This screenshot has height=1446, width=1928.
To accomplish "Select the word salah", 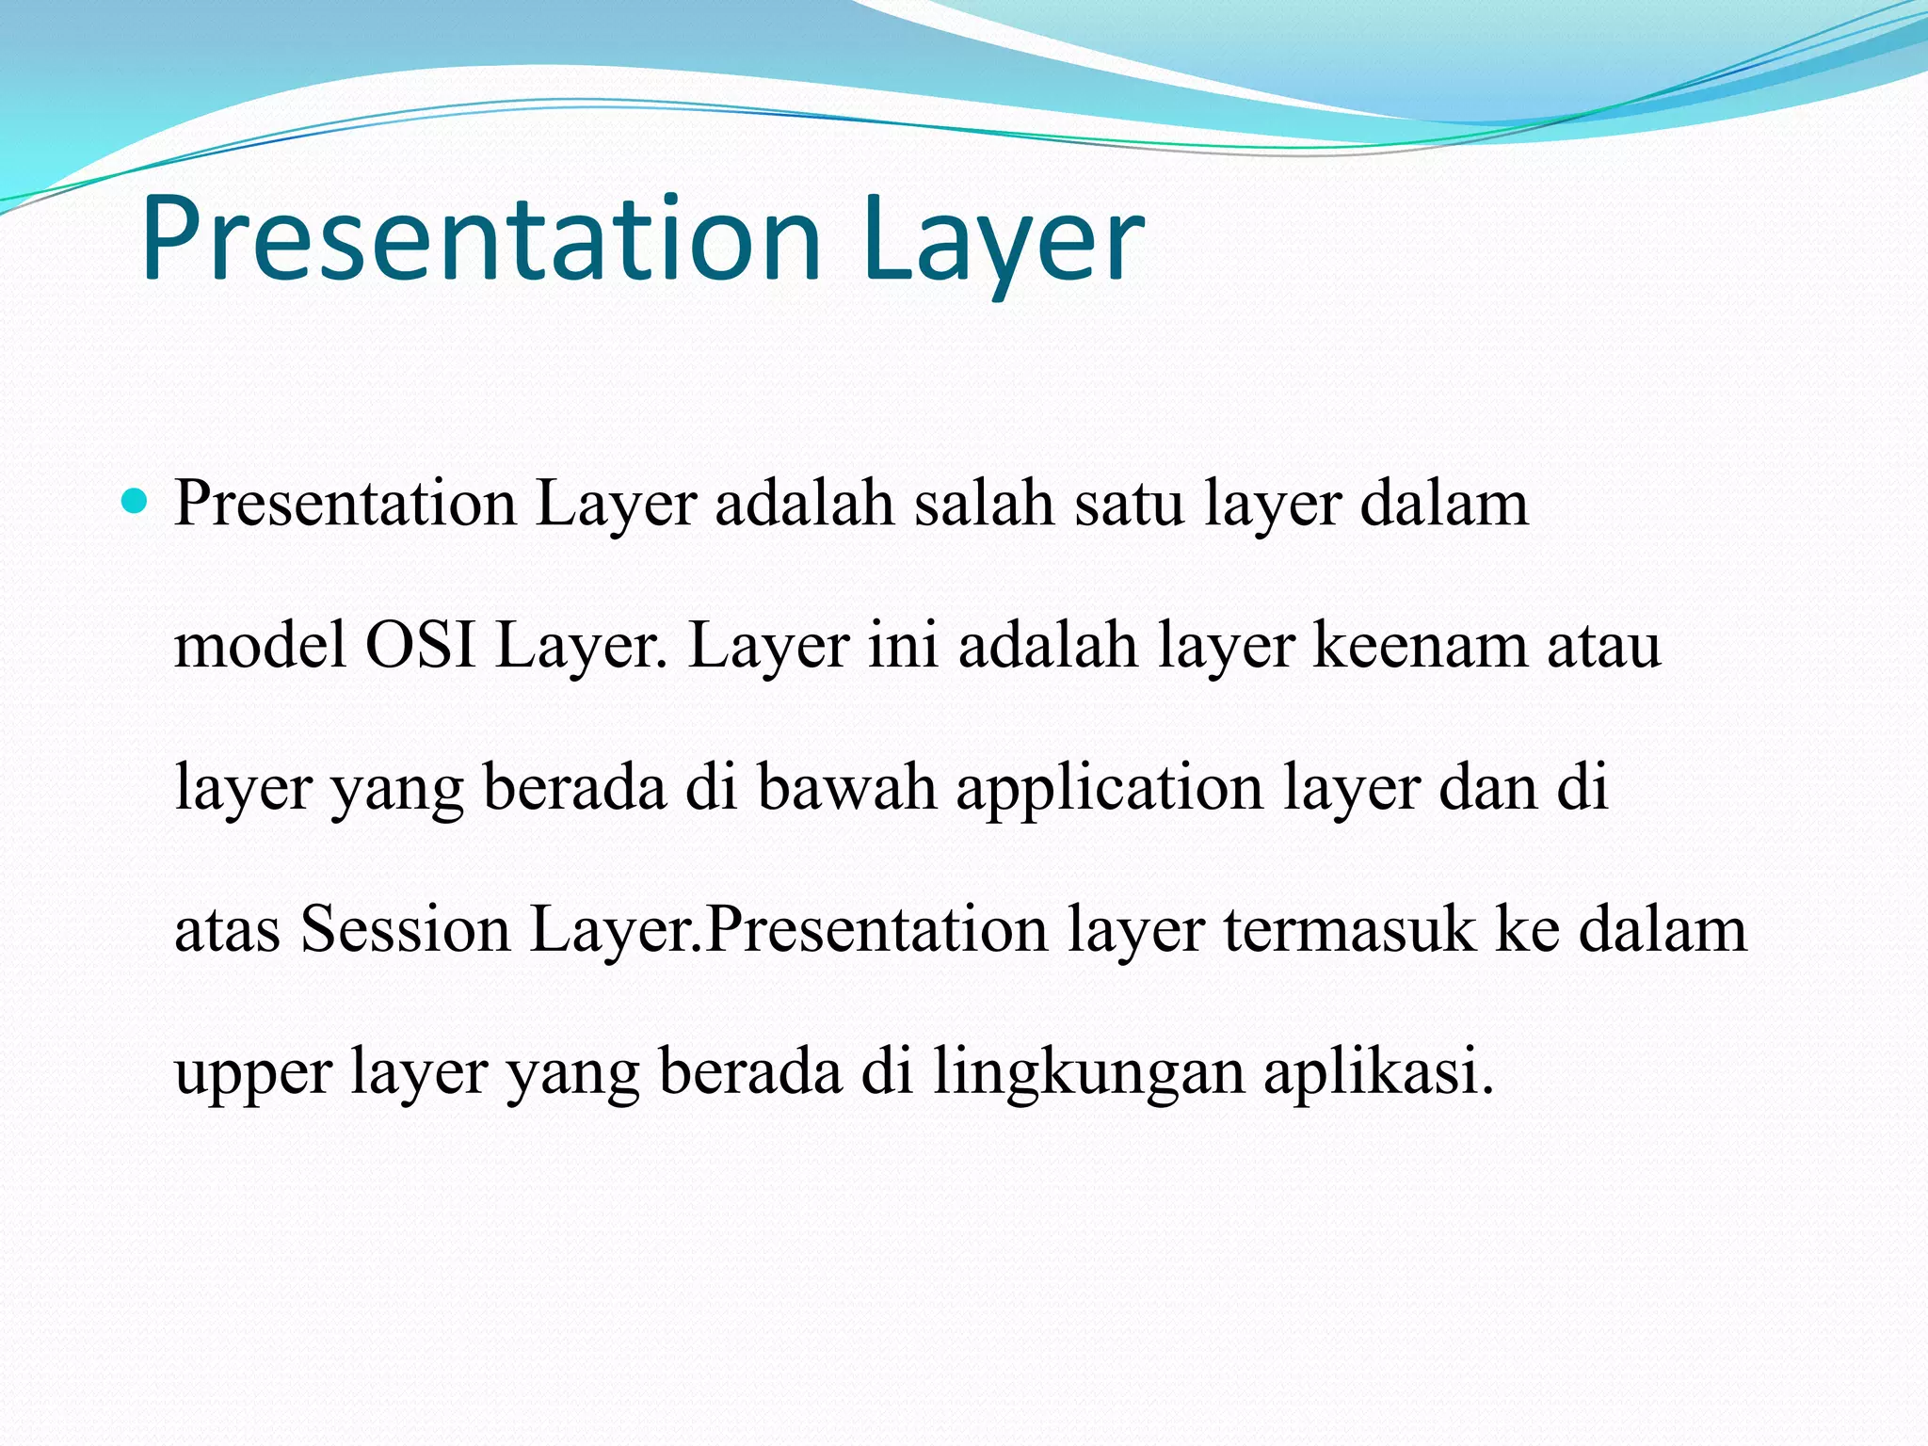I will pyautogui.click(x=985, y=504).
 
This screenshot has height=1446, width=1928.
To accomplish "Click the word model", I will pyautogui.click(x=260, y=646).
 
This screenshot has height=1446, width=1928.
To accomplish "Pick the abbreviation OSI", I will pyautogui.click(x=421, y=646).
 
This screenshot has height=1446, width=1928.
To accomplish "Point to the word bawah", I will pyautogui.click(x=846, y=788).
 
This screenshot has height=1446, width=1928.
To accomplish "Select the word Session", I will pyautogui.click(x=405, y=930).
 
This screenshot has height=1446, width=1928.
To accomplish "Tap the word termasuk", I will pyautogui.click(x=1350, y=930).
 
